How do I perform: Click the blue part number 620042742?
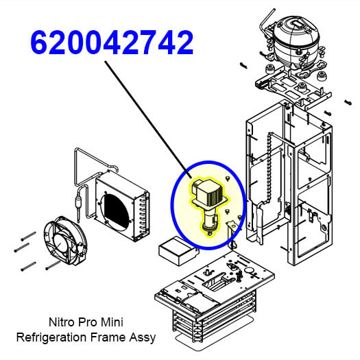(112, 43)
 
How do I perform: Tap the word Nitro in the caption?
(62, 322)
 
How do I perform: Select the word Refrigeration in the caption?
(51, 337)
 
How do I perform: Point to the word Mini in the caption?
(112, 322)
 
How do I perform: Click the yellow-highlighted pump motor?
(209, 204)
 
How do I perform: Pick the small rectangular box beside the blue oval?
(178, 251)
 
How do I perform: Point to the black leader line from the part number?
(148, 119)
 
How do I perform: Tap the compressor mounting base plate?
(294, 86)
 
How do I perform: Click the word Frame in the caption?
(108, 337)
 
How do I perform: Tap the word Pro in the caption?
(88, 322)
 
